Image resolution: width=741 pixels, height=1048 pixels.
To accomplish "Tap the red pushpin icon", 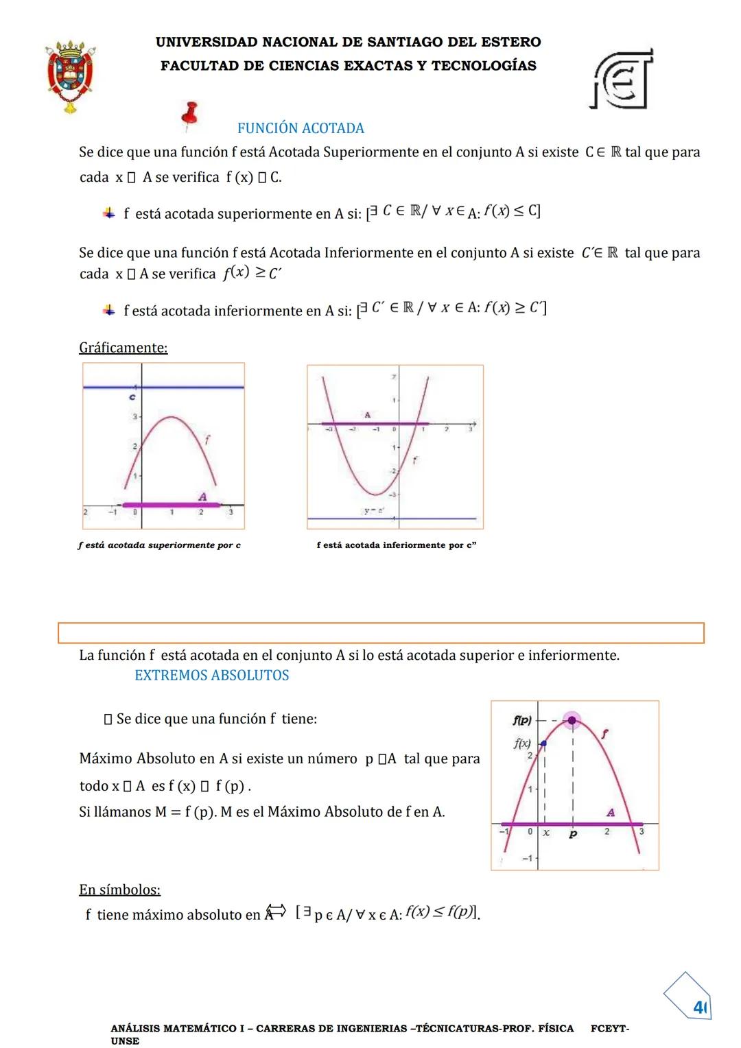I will pyautogui.click(x=190, y=115).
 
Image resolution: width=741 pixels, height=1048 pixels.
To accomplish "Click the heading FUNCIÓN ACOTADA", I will pyautogui.click(x=301, y=128).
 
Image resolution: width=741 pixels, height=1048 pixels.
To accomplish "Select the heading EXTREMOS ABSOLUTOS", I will pyautogui.click(x=211, y=676).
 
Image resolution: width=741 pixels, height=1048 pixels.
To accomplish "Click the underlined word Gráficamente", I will pyautogui.click(x=123, y=348).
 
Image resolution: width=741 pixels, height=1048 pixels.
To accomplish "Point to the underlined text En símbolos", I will pyautogui.click(x=119, y=890).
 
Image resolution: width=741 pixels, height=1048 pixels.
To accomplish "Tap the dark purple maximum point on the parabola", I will pyautogui.click(x=572, y=720).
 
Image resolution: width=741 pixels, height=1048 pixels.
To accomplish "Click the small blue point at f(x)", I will pyautogui.click(x=543, y=743).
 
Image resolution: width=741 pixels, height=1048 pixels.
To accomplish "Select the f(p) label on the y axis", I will pyautogui.click(x=522, y=720).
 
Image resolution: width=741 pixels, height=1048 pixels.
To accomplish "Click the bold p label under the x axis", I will pyautogui.click(x=573, y=833).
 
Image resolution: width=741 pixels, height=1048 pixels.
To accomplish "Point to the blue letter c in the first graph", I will pyautogui.click(x=132, y=397).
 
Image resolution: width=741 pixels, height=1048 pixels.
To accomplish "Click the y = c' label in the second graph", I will pyautogui.click(x=374, y=510).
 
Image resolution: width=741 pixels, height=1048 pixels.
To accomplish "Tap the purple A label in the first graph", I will pyautogui.click(x=202, y=496).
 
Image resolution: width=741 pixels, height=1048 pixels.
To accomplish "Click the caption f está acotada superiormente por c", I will pyautogui.click(x=159, y=545).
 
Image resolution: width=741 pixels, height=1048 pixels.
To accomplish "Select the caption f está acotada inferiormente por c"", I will pyautogui.click(x=397, y=545).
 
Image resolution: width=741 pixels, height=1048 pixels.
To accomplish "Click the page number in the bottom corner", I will pyautogui.click(x=699, y=1007).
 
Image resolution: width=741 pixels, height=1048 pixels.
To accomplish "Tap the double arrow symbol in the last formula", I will pyautogui.click(x=276, y=912).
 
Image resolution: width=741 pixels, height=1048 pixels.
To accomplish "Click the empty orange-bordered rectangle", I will pyautogui.click(x=381, y=632).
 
